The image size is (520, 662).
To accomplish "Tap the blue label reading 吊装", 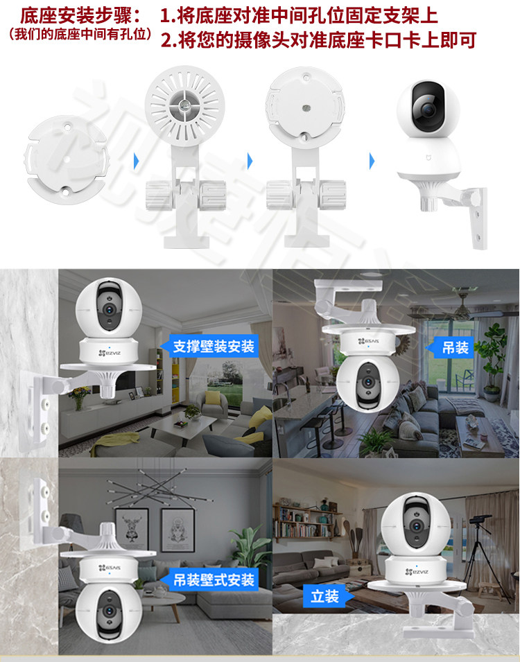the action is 455,346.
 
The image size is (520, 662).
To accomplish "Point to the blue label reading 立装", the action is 324,595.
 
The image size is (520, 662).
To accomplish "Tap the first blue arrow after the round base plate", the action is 136,161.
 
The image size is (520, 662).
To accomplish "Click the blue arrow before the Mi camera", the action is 372,162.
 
